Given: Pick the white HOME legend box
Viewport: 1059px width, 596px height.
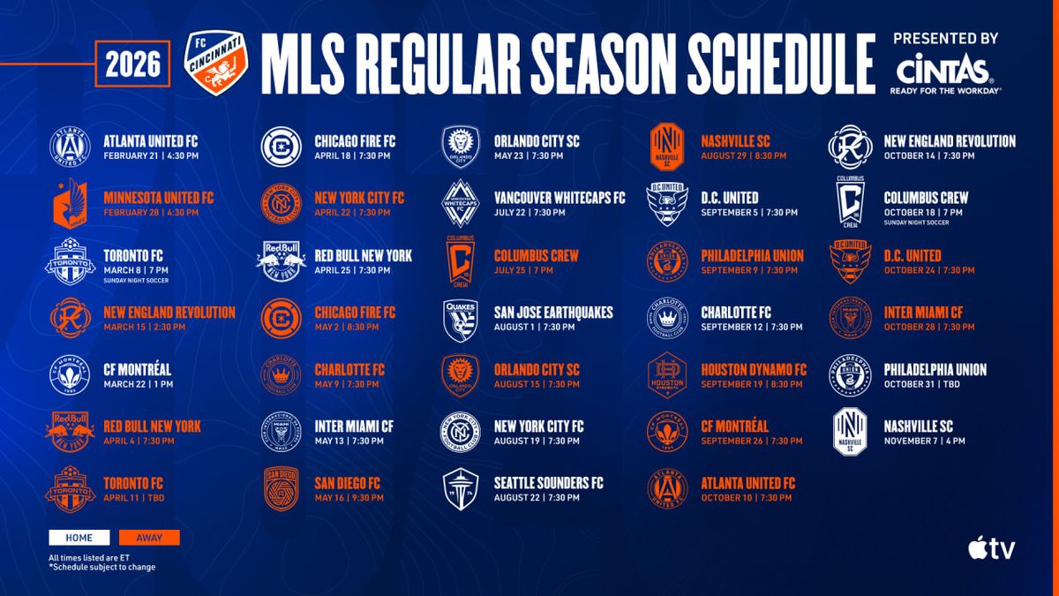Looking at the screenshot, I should click(x=79, y=538).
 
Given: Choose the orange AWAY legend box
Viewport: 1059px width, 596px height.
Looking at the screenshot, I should click(x=149, y=538).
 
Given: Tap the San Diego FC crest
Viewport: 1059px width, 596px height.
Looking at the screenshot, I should click(x=282, y=490).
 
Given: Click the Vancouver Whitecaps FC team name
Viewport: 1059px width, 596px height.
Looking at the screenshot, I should click(x=559, y=198).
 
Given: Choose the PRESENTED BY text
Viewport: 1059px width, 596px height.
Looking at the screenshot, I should click(x=945, y=39).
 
